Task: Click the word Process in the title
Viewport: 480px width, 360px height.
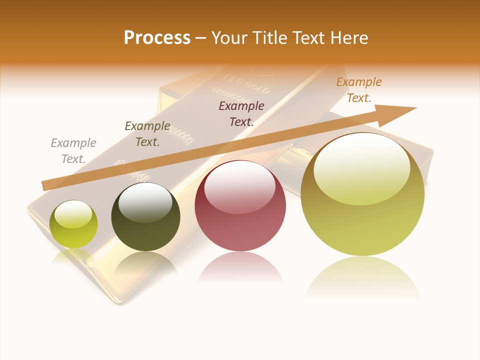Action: tap(157, 38)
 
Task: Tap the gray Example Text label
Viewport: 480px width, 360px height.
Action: tap(73, 151)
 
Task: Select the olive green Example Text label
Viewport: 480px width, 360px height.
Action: tap(147, 134)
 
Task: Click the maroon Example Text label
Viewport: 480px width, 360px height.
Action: tap(241, 114)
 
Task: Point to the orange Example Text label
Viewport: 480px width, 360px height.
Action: tap(359, 90)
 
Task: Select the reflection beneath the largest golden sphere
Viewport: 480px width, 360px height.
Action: tap(362, 277)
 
